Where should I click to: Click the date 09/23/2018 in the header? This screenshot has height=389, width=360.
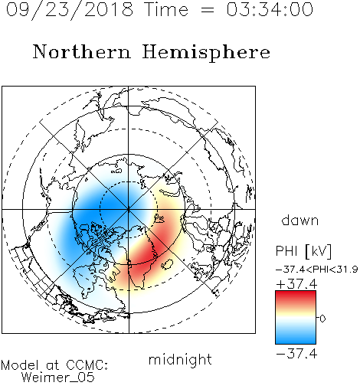70,10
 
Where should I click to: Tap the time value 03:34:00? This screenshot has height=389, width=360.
270,9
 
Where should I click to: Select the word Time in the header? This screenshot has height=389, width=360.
166,9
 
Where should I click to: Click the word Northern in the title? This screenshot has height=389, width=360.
82,51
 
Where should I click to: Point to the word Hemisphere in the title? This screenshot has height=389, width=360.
206,53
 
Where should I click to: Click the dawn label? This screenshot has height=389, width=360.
300,220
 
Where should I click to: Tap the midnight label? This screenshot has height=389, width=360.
180,359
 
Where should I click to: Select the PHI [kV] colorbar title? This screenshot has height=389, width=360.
304,251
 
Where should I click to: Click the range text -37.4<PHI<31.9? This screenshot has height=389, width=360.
317,270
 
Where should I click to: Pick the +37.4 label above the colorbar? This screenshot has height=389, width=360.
296,284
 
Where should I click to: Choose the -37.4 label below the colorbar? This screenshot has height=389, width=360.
296,354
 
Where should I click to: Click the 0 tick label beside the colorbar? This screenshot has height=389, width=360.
322,319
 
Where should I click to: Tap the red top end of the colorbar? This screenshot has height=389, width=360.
296,293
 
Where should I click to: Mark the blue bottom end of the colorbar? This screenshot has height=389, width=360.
296,342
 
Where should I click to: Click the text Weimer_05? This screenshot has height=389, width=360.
58,378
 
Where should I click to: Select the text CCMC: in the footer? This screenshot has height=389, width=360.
87,365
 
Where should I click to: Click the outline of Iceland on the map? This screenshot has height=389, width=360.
167,264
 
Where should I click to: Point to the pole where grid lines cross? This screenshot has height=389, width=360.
129,210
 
